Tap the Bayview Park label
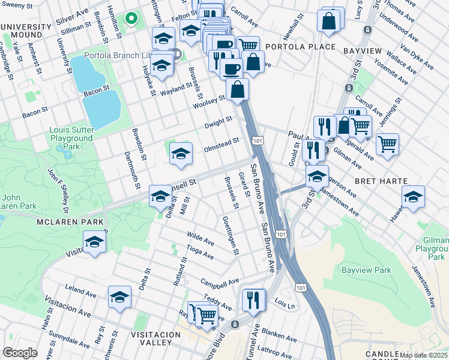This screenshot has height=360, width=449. pyautogui.click(x=366, y=271)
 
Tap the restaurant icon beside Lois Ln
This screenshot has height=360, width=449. pyautogui.click(x=254, y=299)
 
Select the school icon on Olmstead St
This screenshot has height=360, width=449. pyautogui.click(x=180, y=154)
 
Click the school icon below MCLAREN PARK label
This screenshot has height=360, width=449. pyautogui.click(x=94, y=243)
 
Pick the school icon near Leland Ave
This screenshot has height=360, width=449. pyautogui.click(x=119, y=297)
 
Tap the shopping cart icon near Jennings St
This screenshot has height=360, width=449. pyautogui.click(x=387, y=144)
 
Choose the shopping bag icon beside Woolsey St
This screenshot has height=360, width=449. pyautogui.click(x=238, y=90)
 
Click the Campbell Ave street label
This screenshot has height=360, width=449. pyautogui.click(x=220, y=281)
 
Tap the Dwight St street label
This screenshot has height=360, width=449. pyautogui.click(x=218, y=122)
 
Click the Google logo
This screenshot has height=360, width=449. pyautogui.click(x=20, y=352)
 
